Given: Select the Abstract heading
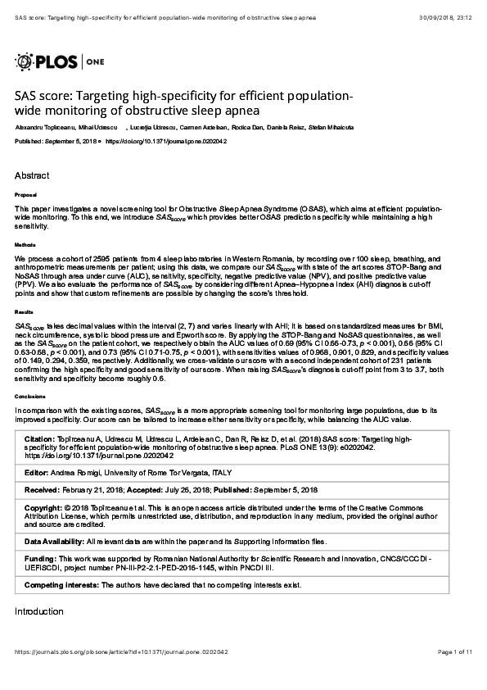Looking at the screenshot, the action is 32,175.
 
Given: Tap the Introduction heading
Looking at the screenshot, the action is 38,611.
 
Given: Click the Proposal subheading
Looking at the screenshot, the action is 25,195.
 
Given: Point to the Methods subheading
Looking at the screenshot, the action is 25,244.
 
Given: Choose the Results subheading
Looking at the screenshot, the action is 24,312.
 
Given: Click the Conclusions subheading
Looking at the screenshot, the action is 28,395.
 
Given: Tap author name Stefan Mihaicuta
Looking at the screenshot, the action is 331,128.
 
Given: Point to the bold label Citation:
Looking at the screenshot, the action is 39,439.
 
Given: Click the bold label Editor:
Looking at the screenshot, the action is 37,474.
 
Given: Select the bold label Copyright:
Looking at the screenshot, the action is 43,507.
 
